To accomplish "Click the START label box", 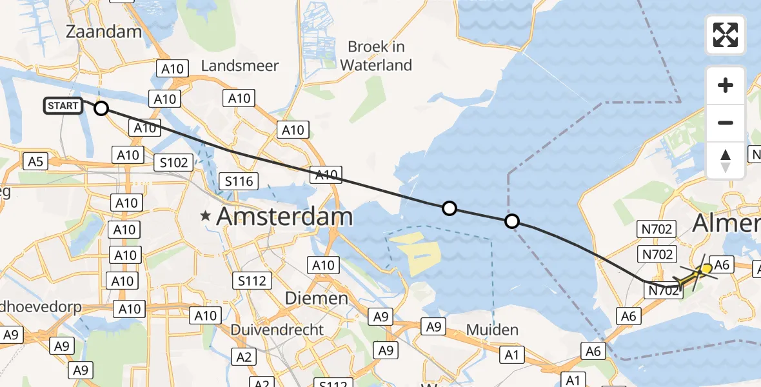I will click(x=63, y=106).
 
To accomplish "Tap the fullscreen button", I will click(x=726, y=35).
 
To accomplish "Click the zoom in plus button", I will click(x=726, y=85).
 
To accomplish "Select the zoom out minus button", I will click(x=726, y=123).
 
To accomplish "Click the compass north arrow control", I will click(x=726, y=160).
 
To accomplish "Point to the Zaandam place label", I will click(x=104, y=32).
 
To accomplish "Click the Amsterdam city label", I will click(x=284, y=217).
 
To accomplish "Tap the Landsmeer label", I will click(x=240, y=66).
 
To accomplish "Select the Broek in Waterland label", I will click(x=376, y=55).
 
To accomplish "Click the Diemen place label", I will click(x=317, y=298).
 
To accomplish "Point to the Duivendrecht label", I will click(x=277, y=329).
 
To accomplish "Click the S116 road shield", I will click(x=239, y=181).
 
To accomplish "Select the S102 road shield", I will click(x=173, y=162).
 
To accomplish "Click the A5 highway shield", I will click(x=35, y=161).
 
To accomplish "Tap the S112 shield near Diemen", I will click(x=252, y=281).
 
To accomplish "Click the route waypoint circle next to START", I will click(x=101, y=108).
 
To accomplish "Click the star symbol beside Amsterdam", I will click(x=206, y=217).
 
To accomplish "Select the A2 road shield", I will click(x=243, y=357).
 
